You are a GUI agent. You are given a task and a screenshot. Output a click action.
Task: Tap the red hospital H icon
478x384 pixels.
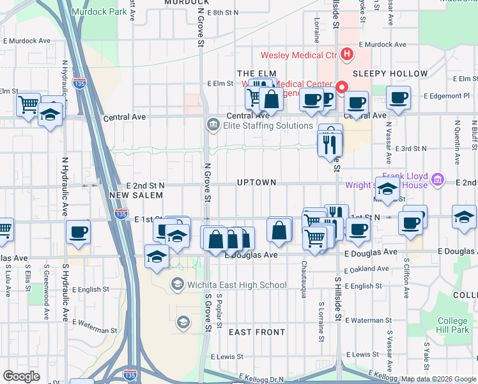(347, 54)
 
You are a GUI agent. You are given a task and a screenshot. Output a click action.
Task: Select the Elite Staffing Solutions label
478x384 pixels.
(259, 125)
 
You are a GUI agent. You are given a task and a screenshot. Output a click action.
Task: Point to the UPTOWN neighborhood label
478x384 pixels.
(256, 182)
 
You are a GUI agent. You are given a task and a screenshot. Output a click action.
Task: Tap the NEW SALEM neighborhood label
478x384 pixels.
(132, 195)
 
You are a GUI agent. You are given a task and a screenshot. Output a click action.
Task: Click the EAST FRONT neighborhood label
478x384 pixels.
(257, 332)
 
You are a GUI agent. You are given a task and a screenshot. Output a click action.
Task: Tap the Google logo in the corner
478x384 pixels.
(22, 376)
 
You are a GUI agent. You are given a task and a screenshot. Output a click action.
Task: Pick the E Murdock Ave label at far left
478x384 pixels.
(26, 40)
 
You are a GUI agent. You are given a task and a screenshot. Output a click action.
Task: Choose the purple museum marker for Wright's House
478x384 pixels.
(437, 179)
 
